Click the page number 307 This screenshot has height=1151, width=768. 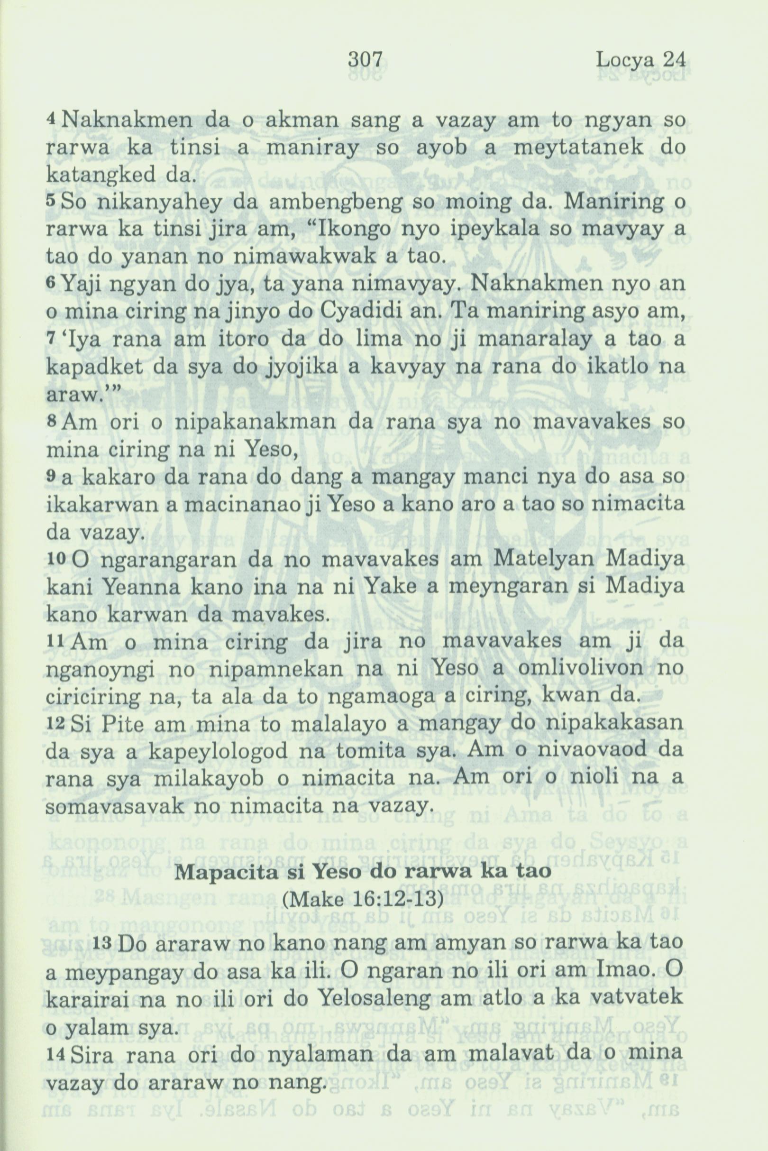click(x=365, y=61)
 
